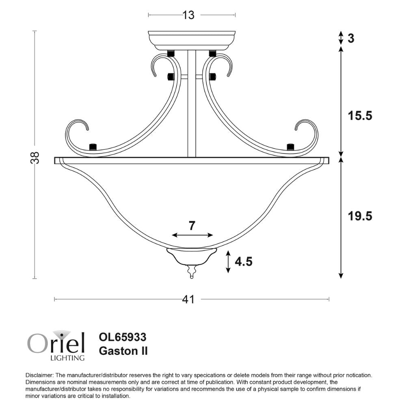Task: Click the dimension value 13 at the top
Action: (x=188, y=15)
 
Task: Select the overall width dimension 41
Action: (x=188, y=300)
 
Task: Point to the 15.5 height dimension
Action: (x=360, y=116)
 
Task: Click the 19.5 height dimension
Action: (x=360, y=216)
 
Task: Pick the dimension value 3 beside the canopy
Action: (x=351, y=39)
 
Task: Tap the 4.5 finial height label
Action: (x=244, y=262)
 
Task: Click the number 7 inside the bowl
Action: (x=192, y=226)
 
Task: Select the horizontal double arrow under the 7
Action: (x=192, y=235)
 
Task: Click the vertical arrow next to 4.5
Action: (x=228, y=262)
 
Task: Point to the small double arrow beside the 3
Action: (x=341, y=39)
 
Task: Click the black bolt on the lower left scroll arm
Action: (x=93, y=147)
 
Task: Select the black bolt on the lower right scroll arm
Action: (x=290, y=147)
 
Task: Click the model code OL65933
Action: (x=123, y=337)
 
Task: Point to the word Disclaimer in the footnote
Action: (x=39, y=376)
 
